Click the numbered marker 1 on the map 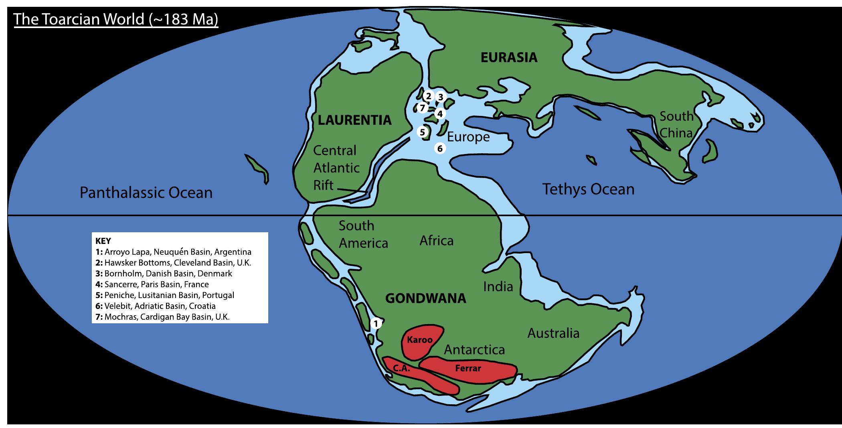coord(376,323)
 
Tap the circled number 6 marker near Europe coord(440,148)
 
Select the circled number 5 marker coord(422,132)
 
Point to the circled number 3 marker coord(440,97)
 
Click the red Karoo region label coord(420,340)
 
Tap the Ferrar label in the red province coord(468,368)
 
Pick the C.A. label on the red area coord(401,368)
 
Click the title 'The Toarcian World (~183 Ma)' coord(116,19)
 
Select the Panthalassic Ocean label coord(146,193)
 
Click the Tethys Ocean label coord(588,189)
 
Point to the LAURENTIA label coord(354,120)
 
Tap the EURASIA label coord(509,57)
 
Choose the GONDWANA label coord(425,298)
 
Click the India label coord(498,286)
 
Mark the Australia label coord(553,333)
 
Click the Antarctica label coord(474,350)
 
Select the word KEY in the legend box coord(103,241)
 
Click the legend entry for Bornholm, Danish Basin coord(164,274)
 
